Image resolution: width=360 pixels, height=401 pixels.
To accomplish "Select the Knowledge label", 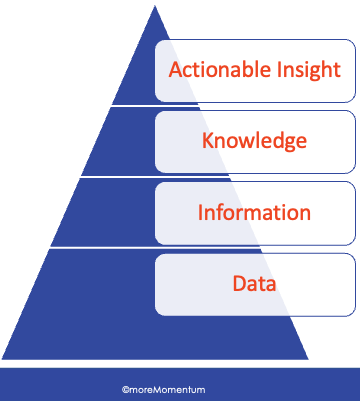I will click(x=254, y=141).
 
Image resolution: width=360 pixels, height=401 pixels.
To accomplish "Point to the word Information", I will click(x=254, y=212).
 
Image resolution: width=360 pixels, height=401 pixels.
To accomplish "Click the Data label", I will click(x=254, y=283).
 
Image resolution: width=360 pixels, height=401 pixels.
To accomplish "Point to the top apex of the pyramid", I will click(x=155, y=6).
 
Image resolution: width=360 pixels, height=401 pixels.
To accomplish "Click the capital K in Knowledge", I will click(x=208, y=141).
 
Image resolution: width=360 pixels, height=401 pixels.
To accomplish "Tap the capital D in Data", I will click(x=239, y=283).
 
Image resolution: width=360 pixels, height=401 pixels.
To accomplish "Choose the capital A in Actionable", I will click(x=175, y=71).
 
